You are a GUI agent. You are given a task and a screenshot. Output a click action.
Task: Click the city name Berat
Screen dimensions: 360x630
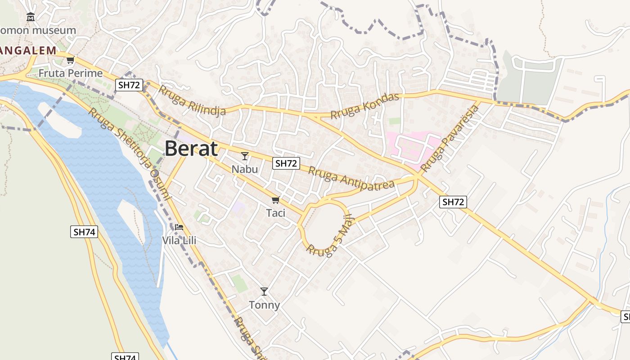[191, 148]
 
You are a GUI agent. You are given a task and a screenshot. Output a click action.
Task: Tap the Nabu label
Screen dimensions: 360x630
[245, 169]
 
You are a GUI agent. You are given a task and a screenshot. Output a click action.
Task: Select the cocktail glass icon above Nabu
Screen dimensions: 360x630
[245, 156]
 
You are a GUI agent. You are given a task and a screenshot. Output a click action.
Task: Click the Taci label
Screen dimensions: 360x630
[276, 213]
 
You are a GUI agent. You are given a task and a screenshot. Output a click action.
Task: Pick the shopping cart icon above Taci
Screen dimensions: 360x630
[275, 200]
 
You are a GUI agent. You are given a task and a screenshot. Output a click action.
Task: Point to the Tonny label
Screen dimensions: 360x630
[265, 305]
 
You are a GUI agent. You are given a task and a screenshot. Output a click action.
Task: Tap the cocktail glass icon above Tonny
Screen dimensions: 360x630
[264, 292]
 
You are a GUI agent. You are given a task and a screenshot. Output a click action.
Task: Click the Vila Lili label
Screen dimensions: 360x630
[179, 240]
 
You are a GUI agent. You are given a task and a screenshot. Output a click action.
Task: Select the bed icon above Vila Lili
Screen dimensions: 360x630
[179, 227]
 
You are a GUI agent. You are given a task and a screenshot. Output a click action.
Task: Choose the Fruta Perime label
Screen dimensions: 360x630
[71, 73]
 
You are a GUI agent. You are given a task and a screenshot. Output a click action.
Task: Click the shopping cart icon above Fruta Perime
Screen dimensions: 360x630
[70, 60]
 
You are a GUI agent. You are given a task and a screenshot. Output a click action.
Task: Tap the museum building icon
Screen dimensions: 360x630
[31, 18]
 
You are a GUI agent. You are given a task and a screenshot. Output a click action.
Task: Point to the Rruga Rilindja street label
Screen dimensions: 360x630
[192, 101]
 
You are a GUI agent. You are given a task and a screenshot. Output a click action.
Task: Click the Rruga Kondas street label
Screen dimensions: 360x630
[365, 106]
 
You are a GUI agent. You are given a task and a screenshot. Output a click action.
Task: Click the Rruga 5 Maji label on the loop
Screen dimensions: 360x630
[331, 238]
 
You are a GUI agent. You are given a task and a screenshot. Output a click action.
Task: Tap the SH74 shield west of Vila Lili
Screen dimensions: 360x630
[84, 232]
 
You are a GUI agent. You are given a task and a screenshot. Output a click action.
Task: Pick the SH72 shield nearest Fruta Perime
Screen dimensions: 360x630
[129, 85]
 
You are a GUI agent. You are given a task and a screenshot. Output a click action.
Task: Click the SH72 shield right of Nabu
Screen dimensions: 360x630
[286, 163]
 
